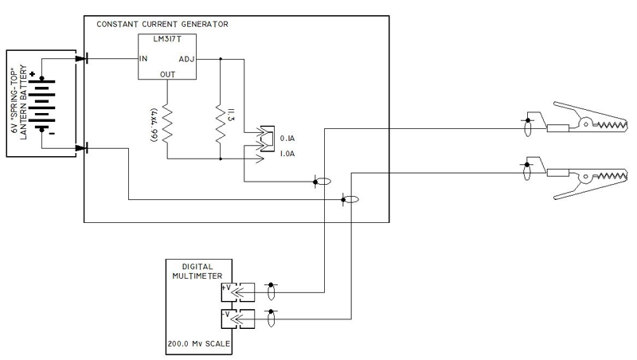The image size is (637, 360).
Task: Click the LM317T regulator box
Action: (x=168, y=57)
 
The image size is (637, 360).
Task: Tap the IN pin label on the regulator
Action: (x=143, y=58)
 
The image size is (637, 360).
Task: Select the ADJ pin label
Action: (x=186, y=58)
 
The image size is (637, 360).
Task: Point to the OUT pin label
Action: (x=168, y=74)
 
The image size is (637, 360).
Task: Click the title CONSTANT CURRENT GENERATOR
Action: (x=162, y=24)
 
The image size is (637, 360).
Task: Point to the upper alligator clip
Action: (x=585, y=123)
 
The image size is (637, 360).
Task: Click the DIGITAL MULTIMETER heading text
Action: (x=198, y=272)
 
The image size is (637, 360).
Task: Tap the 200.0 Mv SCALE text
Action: (x=198, y=345)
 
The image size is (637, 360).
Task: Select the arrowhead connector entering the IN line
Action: (x=80, y=58)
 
